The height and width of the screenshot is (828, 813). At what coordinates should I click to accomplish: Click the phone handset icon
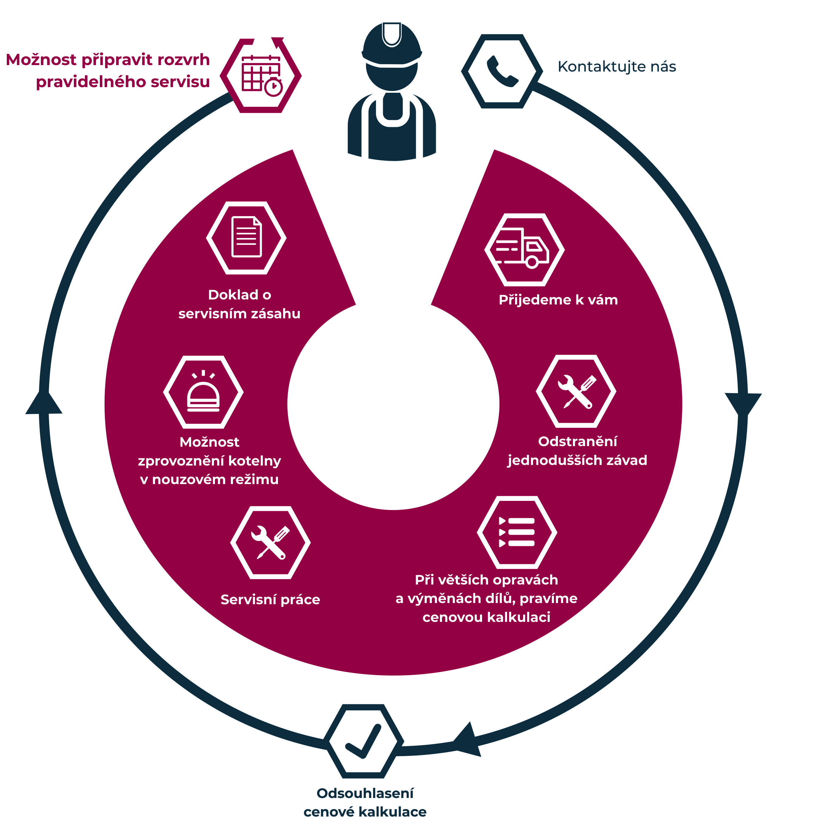[x=502, y=71]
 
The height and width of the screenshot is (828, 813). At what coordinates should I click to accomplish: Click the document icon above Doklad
[x=246, y=237]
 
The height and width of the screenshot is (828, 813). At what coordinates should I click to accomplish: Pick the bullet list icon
[x=517, y=532]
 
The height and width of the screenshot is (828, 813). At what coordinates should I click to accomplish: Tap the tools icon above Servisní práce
[x=270, y=542]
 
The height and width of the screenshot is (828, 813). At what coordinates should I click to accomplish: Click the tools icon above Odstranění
[x=576, y=391]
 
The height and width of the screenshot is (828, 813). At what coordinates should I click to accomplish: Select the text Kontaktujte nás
[x=617, y=67]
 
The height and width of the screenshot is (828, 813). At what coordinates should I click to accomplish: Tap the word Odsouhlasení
[x=365, y=794]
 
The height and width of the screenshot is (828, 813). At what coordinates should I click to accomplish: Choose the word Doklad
[x=233, y=295]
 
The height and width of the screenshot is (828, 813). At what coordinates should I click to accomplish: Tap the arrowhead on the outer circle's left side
[x=44, y=403]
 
